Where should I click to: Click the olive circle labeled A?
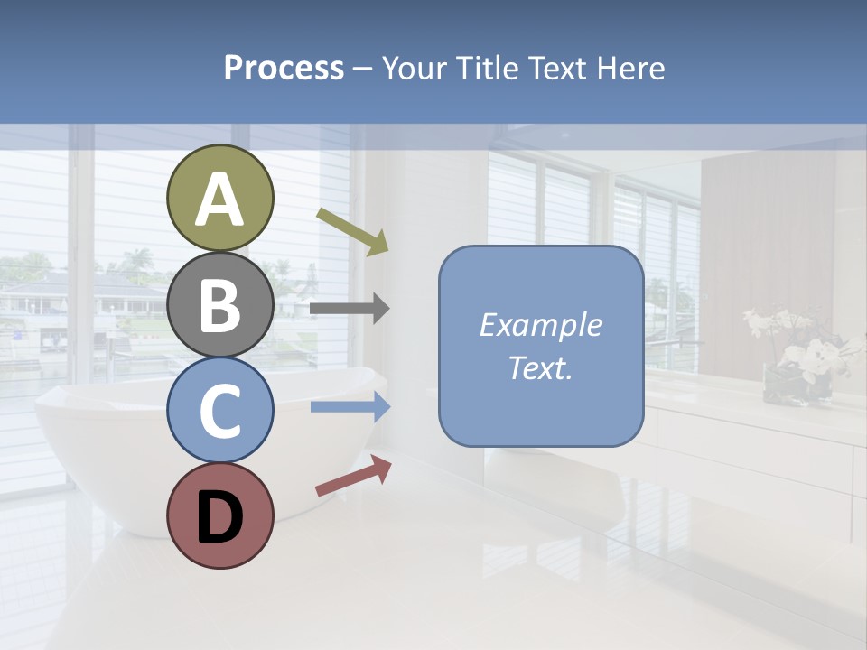click(220, 198)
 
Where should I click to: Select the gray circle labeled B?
click(220, 303)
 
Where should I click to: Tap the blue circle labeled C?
click(220, 410)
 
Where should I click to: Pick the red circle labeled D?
click(220, 515)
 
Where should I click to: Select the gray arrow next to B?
click(350, 309)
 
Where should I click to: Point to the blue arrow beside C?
click(350, 407)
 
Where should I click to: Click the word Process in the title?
click(284, 68)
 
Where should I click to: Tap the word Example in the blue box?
click(540, 325)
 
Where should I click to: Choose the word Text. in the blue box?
click(540, 367)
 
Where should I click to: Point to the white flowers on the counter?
click(804, 348)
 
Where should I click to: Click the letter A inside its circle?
click(220, 200)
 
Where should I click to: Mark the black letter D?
click(220, 516)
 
